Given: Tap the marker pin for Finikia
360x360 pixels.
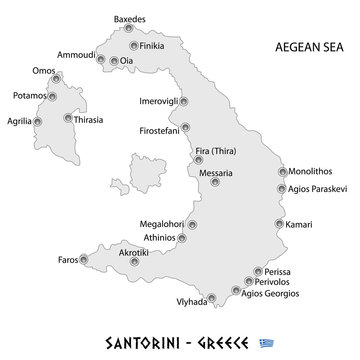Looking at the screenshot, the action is click(x=133, y=46).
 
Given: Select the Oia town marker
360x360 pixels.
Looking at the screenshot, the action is click(x=113, y=60).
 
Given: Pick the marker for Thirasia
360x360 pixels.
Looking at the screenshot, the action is click(x=67, y=118).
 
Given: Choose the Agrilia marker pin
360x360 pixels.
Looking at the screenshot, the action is click(x=38, y=122).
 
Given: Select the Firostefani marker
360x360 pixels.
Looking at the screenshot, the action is click(x=186, y=127).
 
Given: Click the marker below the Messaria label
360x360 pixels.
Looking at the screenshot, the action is click(x=216, y=182).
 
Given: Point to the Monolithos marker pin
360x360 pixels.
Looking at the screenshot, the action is click(x=281, y=170).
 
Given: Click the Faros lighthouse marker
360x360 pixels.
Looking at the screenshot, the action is click(x=83, y=259).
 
